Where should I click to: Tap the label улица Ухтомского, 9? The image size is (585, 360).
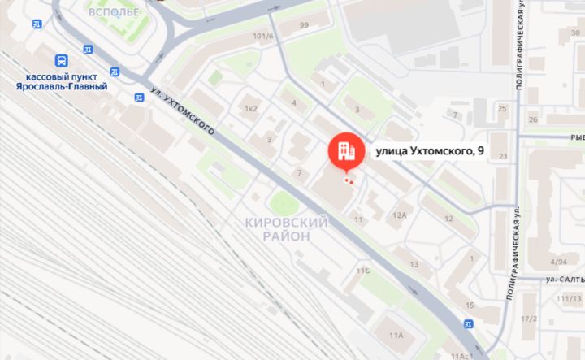[429, 150]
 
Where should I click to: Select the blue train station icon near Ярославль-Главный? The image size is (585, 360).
[62, 60]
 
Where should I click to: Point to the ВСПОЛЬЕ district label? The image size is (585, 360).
[113, 12]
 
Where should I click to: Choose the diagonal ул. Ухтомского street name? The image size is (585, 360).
[184, 111]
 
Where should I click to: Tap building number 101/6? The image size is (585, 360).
[262, 37]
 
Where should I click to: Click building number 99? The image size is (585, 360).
[304, 25]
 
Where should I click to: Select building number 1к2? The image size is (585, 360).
[250, 108]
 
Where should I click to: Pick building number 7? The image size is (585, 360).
[299, 172]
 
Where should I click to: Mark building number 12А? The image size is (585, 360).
[399, 215]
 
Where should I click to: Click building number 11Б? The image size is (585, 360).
[362, 269]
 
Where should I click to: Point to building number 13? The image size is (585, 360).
[414, 264]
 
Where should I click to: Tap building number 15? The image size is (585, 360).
[470, 305]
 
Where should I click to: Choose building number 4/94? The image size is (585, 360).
[558, 262]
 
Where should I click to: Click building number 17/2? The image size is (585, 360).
[529, 318]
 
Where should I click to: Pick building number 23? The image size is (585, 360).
[503, 156]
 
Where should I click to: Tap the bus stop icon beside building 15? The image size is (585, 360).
[467, 324]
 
